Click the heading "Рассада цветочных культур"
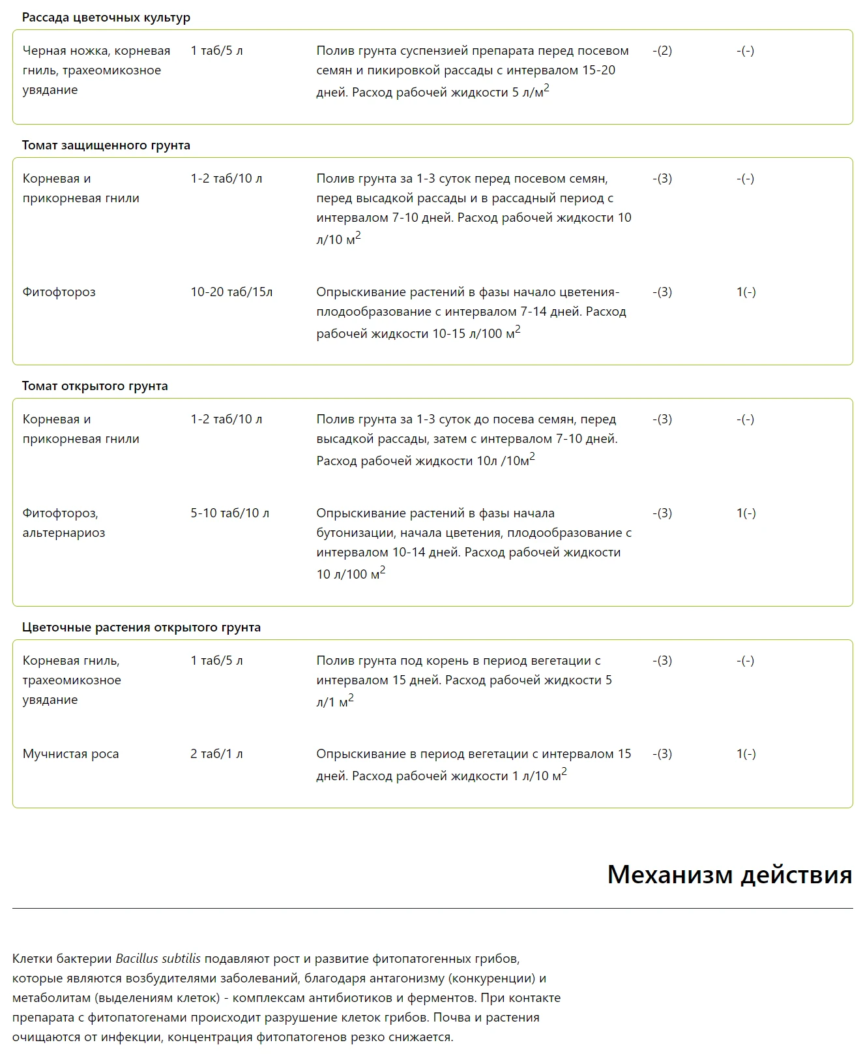[x=106, y=18]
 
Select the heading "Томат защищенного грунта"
[x=106, y=145]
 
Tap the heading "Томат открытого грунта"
[x=95, y=386]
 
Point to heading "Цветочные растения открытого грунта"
[x=141, y=628]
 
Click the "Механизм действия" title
[x=729, y=874]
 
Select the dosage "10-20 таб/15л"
[x=231, y=292]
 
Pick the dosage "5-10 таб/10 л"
[x=229, y=513]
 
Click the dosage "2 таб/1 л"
[x=216, y=754]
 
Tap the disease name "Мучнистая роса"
[x=70, y=754]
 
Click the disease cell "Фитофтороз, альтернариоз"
[x=63, y=523]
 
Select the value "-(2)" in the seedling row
[x=662, y=51]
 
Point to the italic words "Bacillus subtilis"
[x=158, y=959]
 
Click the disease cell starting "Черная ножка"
[x=96, y=70]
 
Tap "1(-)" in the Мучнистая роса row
[x=746, y=754]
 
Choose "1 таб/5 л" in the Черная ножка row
[x=216, y=51]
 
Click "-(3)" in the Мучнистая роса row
[x=662, y=754]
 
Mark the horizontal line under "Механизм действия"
[x=432, y=908]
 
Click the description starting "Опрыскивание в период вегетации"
[x=473, y=765]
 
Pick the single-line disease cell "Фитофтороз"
[x=59, y=292]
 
